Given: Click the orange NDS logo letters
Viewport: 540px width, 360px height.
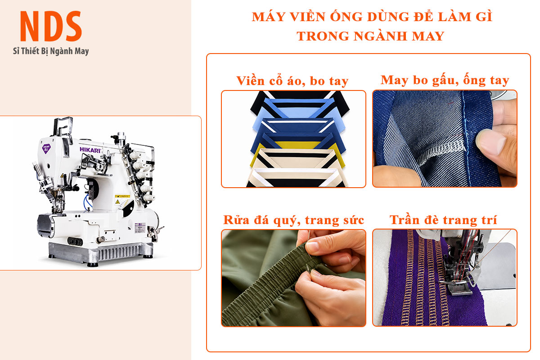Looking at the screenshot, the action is coord(51,26).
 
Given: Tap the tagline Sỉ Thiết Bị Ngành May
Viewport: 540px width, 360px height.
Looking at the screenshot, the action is coord(51,51).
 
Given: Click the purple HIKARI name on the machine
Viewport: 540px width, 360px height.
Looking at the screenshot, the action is coord(90,150).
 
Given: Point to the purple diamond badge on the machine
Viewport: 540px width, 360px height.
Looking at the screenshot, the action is coord(46,148).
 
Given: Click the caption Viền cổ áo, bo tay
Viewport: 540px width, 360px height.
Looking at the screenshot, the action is coord(292,81).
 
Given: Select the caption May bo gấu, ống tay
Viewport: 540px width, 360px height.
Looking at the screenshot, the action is coord(445,80).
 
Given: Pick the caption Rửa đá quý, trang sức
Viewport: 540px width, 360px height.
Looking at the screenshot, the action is coord(293,220).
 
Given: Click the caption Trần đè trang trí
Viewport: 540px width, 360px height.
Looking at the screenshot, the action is coord(443,220).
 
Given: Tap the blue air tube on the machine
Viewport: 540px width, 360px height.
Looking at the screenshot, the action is coord(88,201).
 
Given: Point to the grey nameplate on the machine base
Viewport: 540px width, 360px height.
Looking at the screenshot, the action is coord(140,228).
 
